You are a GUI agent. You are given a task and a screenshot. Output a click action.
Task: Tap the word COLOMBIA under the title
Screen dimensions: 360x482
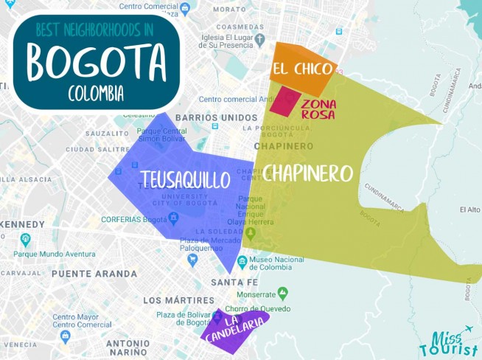pos(96,94)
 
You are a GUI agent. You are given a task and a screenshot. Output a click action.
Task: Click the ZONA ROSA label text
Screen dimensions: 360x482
pos(318,109)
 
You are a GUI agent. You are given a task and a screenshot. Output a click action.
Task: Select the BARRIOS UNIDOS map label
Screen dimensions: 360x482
pos(217,117)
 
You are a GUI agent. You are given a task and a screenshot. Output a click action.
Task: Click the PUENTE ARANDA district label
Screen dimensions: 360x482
pos(94,273)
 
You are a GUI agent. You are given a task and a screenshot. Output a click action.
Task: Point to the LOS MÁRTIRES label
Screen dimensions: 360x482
pos(178,300)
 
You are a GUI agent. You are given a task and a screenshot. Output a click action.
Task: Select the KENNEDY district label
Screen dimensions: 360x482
pos(24,224)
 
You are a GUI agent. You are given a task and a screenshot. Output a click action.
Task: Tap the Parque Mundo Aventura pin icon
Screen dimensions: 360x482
pos(26,239)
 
